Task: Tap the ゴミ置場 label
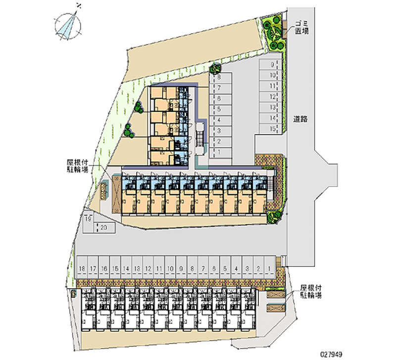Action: coord(301,27)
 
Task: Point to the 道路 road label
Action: coord(300,119)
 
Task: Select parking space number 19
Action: coord(88,219)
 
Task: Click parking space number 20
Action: coord(104,227)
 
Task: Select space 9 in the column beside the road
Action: coord(272,64)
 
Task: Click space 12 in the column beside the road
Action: coord(272,97)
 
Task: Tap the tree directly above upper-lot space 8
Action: coord(215,69)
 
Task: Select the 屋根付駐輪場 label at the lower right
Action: coord(311,292)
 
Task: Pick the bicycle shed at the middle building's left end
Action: coord(104,190)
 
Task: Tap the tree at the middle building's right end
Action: coord(273,216)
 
